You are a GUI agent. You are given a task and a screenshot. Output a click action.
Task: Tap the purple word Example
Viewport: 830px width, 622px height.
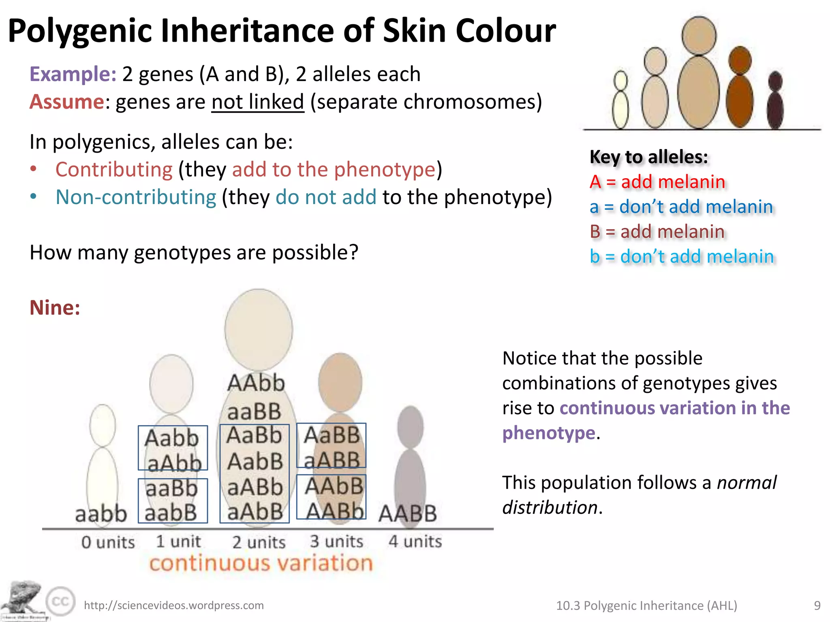73,74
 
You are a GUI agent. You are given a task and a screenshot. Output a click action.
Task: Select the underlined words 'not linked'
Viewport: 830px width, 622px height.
257,102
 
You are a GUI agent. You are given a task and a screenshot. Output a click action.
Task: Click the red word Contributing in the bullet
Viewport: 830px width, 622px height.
114,169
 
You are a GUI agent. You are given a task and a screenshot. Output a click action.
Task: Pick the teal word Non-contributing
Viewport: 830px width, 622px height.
136,197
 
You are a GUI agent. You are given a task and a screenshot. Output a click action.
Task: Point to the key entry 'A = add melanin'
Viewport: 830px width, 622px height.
657,182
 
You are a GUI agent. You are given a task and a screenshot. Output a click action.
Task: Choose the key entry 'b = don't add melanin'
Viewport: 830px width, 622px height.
682,257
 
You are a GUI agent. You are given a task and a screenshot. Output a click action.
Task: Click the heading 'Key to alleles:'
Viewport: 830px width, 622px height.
648,157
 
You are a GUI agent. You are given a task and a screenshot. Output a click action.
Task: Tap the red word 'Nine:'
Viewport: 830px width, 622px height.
55,308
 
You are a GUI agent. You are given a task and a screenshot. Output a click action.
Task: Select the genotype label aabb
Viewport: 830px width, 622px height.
101,514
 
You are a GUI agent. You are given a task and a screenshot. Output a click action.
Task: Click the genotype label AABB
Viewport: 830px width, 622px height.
408,514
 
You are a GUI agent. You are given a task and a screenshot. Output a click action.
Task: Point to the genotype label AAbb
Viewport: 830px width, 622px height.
256,383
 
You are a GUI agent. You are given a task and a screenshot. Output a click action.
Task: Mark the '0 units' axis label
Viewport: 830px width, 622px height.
108,542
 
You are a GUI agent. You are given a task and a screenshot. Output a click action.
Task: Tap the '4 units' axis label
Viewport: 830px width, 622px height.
415,541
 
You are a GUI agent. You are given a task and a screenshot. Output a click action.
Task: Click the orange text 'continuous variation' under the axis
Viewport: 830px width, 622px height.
261,563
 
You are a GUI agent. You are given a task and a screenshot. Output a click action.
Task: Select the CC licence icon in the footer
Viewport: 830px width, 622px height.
60,601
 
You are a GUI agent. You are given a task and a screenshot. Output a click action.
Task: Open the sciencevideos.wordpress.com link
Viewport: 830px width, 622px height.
173,605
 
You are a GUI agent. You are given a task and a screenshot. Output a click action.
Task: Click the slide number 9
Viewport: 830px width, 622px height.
817,605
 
